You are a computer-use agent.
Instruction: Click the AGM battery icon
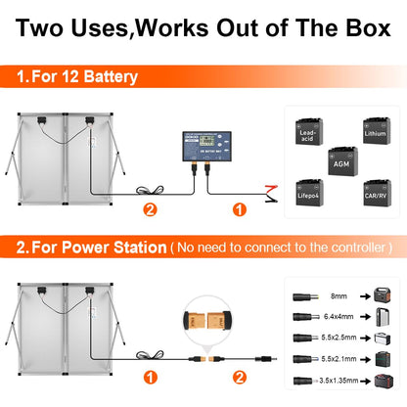click(x=342, y=161)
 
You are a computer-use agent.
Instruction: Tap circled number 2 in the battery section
click(x=149, y=208)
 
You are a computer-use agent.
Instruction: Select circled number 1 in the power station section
click(x=149, y=377)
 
